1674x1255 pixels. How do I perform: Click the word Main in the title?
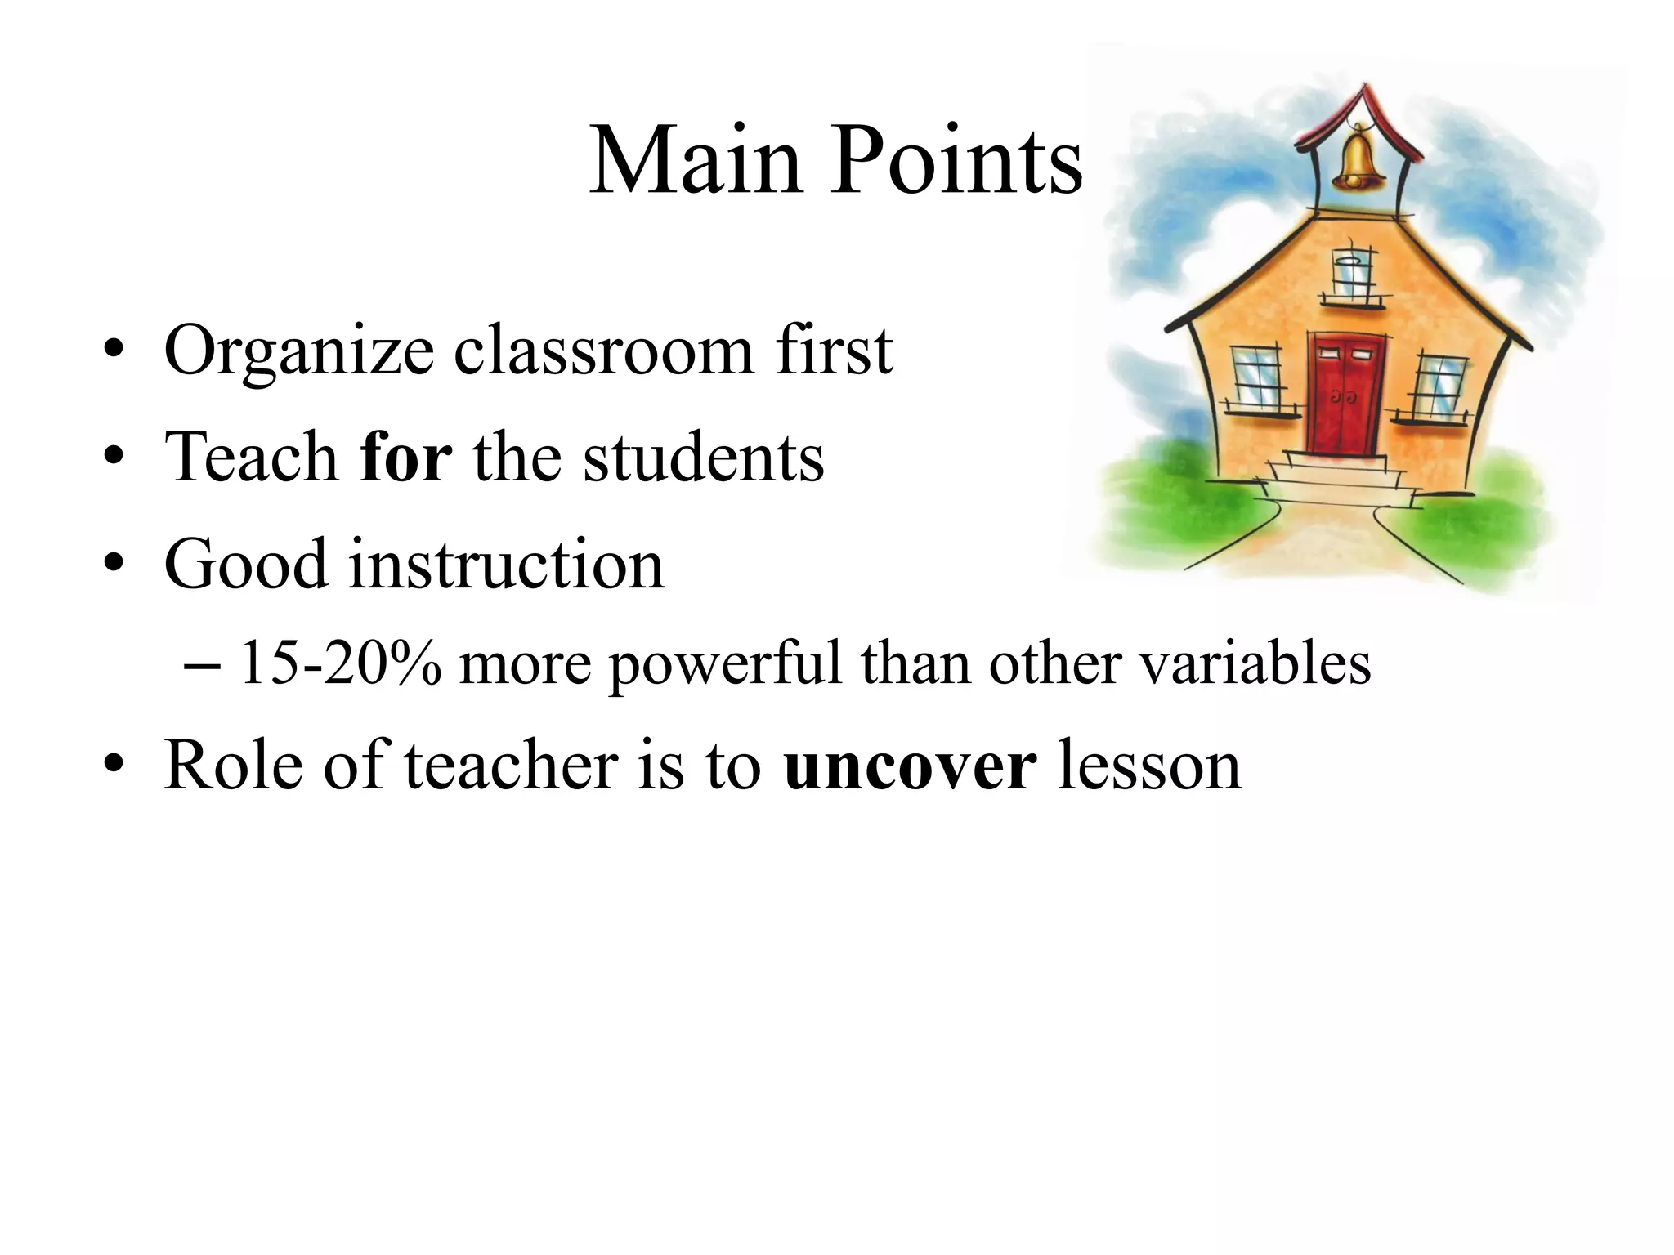click(696, 161)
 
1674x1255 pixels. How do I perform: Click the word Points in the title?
click(957, 161)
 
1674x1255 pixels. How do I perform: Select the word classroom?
click(604, 351)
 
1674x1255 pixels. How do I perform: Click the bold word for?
click(406, 458)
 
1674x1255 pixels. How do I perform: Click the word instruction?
click(507, 565)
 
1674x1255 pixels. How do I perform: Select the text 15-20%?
click(340, 663)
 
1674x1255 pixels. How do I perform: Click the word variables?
click(1255, 663)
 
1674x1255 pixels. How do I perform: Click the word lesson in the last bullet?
click(1149, 766)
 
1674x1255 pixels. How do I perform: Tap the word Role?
click(233, 766)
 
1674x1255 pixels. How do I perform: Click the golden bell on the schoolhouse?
click(1358, 159)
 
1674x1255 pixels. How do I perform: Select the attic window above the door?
click(1353, 274)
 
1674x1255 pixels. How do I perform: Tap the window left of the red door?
click(1256, 377)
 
